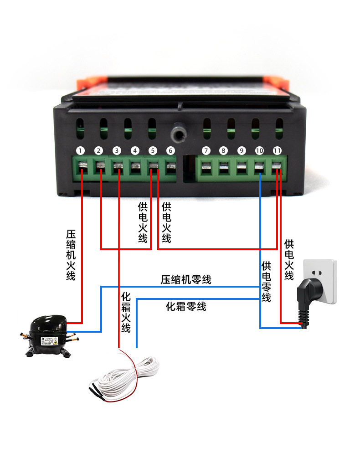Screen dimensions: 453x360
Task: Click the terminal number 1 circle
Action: coord(81,150)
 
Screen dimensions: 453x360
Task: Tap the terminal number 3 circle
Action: coord(117,150)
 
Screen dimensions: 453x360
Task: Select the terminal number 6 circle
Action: coord(170,150)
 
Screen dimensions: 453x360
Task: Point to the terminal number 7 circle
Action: coord(206,150)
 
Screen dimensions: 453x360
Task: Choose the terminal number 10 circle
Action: coord(259,150)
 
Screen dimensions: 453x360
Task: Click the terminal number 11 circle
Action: coord(277,150)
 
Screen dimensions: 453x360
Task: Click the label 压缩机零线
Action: coord(186,280)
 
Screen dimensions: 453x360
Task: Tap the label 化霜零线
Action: coord(186,307)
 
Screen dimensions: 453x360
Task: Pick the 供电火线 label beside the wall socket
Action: coord(289,260)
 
